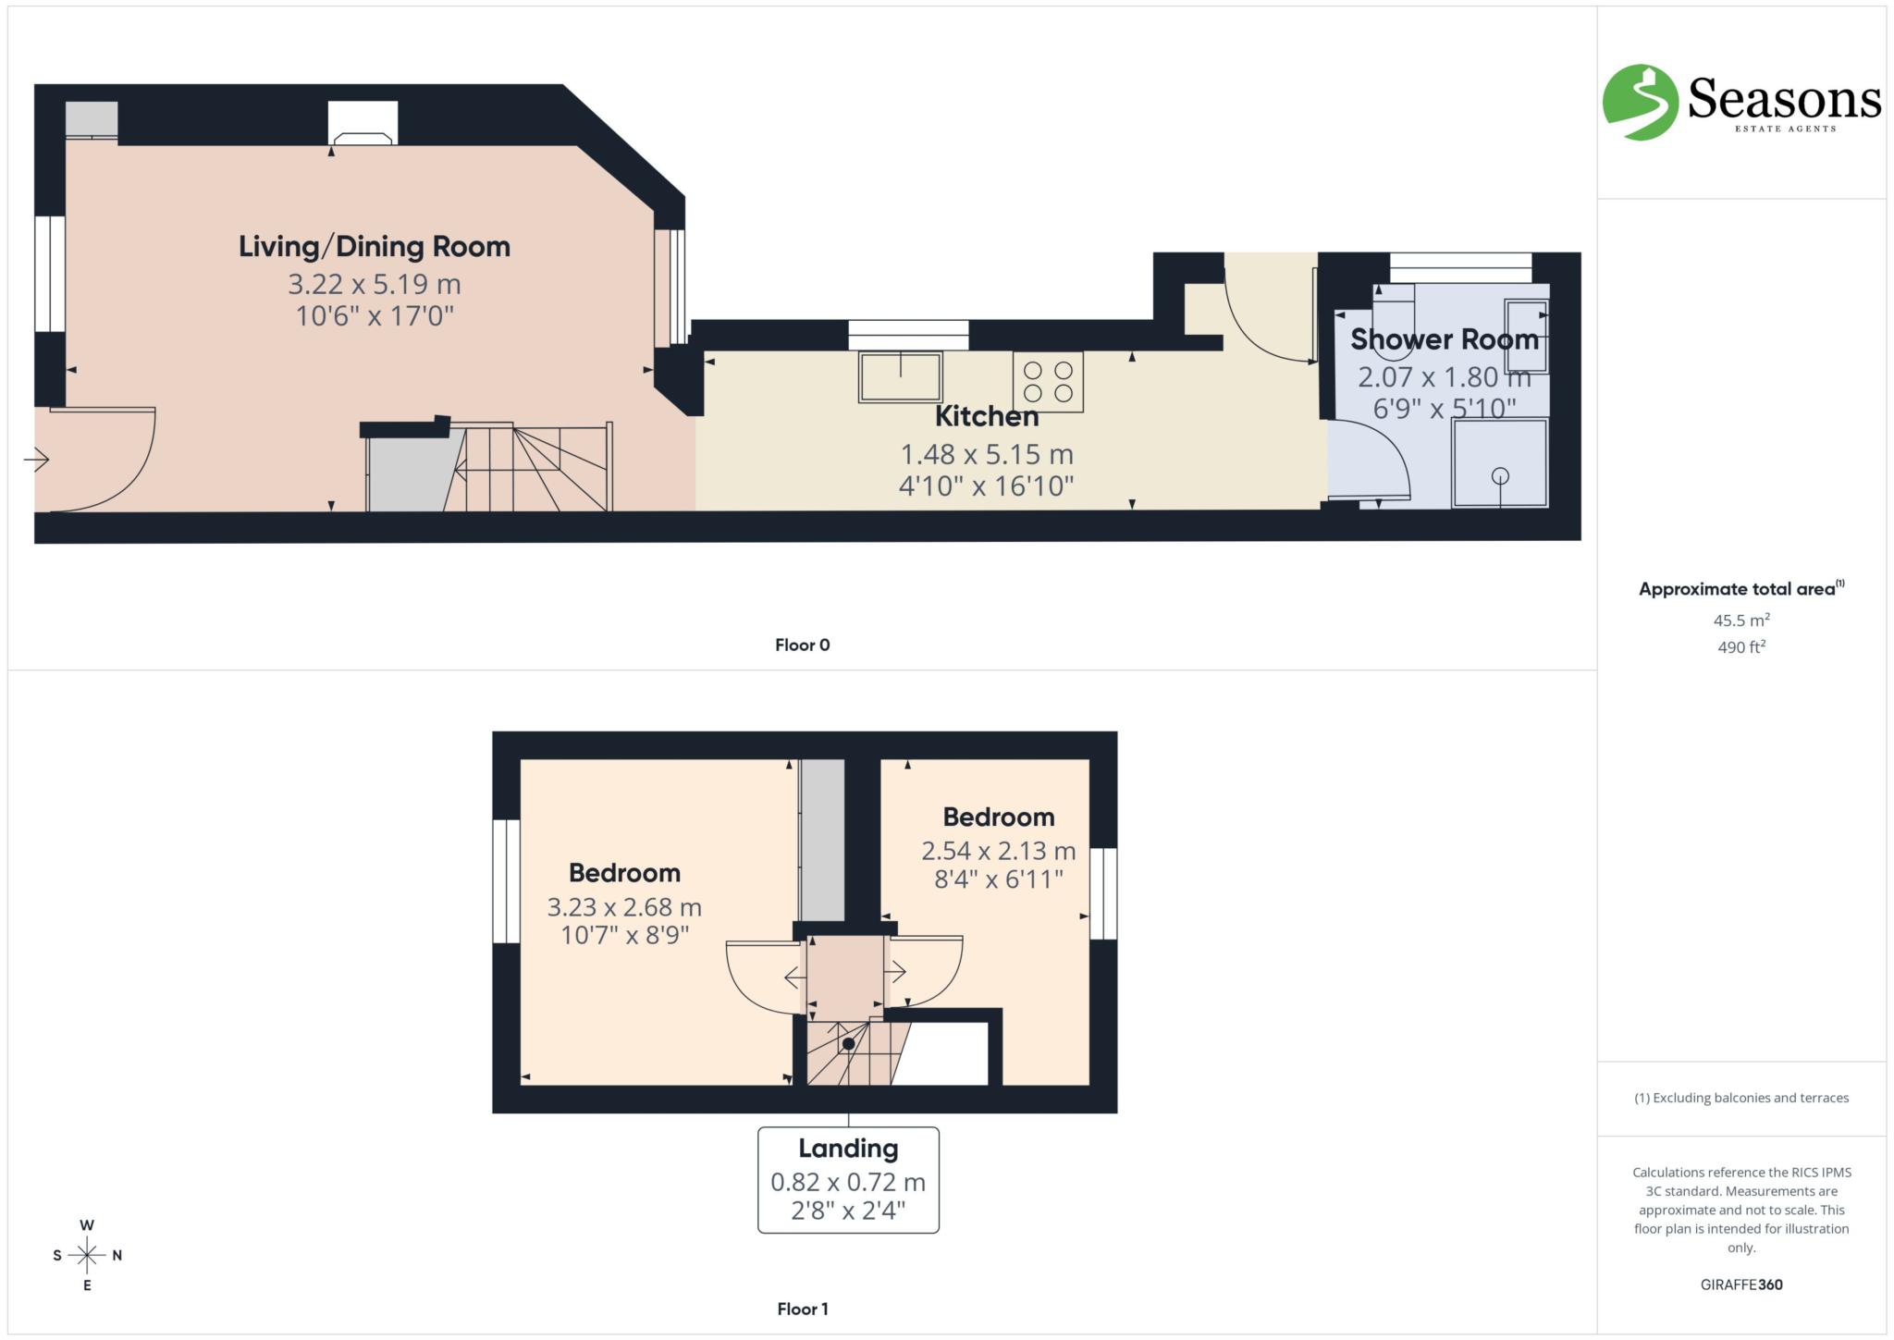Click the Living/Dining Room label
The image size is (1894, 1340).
(374, 247)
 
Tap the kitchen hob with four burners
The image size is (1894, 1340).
(1048, 381)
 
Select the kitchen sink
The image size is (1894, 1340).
(900, 376)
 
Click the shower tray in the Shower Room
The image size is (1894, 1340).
(1499, 462)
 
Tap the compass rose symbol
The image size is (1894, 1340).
(87, 1255)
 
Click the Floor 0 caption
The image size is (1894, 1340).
(802, 645)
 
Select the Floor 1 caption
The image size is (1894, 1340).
(802, 1309)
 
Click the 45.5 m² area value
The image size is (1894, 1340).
(1740, 621)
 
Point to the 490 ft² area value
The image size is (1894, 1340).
(1740, 647)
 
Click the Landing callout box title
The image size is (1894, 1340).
(848, 1149)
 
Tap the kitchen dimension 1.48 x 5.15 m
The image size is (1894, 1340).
(986, 454)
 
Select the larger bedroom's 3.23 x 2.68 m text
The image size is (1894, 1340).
(624, 907)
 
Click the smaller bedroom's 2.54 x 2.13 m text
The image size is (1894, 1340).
(998, 851)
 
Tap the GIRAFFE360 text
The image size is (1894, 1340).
(1740, 1285)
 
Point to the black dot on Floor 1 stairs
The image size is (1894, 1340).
(848, 1044)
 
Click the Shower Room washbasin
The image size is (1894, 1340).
(1525, 334)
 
